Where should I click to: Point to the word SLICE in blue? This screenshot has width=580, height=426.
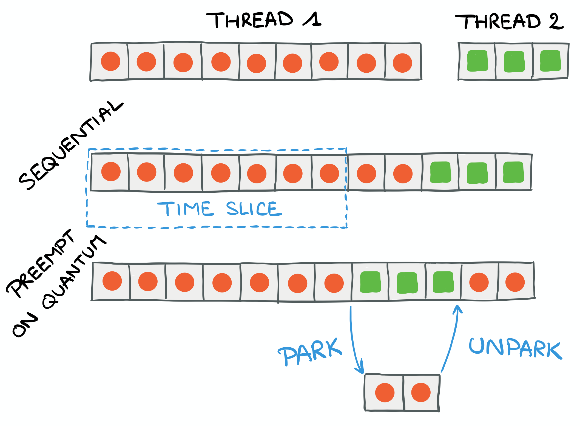(x=253, y=209)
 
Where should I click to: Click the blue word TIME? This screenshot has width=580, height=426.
(x=185, y=209)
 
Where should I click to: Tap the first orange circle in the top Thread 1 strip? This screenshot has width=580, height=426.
(x=110, y=61)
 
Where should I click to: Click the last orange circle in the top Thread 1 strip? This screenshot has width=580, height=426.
(x=402, y=63)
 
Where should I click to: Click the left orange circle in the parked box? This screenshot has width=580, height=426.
(x=385, y=393)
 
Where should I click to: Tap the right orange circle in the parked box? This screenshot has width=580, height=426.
(x=421, y=393)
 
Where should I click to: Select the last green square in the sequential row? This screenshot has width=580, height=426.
(x=513, y=172)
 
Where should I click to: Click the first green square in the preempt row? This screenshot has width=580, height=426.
(x=370, y=282)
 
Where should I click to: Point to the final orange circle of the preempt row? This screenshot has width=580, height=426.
(x=515, y=282)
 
